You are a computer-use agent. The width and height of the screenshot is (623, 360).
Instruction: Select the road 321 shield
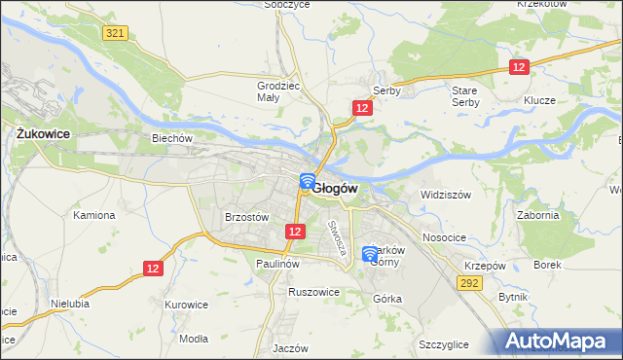pos(115,33)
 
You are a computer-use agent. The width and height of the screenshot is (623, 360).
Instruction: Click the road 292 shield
pos(470,282)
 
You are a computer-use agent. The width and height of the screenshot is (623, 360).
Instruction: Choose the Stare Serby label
pos(464,95)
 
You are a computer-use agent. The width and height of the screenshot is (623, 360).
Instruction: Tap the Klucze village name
pos(538,100)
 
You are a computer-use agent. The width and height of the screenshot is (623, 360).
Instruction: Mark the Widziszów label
pos(446,195)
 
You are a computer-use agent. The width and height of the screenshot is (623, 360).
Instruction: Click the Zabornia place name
pos(538,216)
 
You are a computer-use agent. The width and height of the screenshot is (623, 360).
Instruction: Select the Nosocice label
pos(444,237)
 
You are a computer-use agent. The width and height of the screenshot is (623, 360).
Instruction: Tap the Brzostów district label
pos(246,218)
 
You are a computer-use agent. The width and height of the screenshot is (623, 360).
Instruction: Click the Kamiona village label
pos(94,214)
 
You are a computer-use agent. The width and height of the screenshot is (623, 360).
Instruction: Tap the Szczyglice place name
pos(443,344)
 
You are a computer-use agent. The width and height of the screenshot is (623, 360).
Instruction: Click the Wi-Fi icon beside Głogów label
pos(307,181)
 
